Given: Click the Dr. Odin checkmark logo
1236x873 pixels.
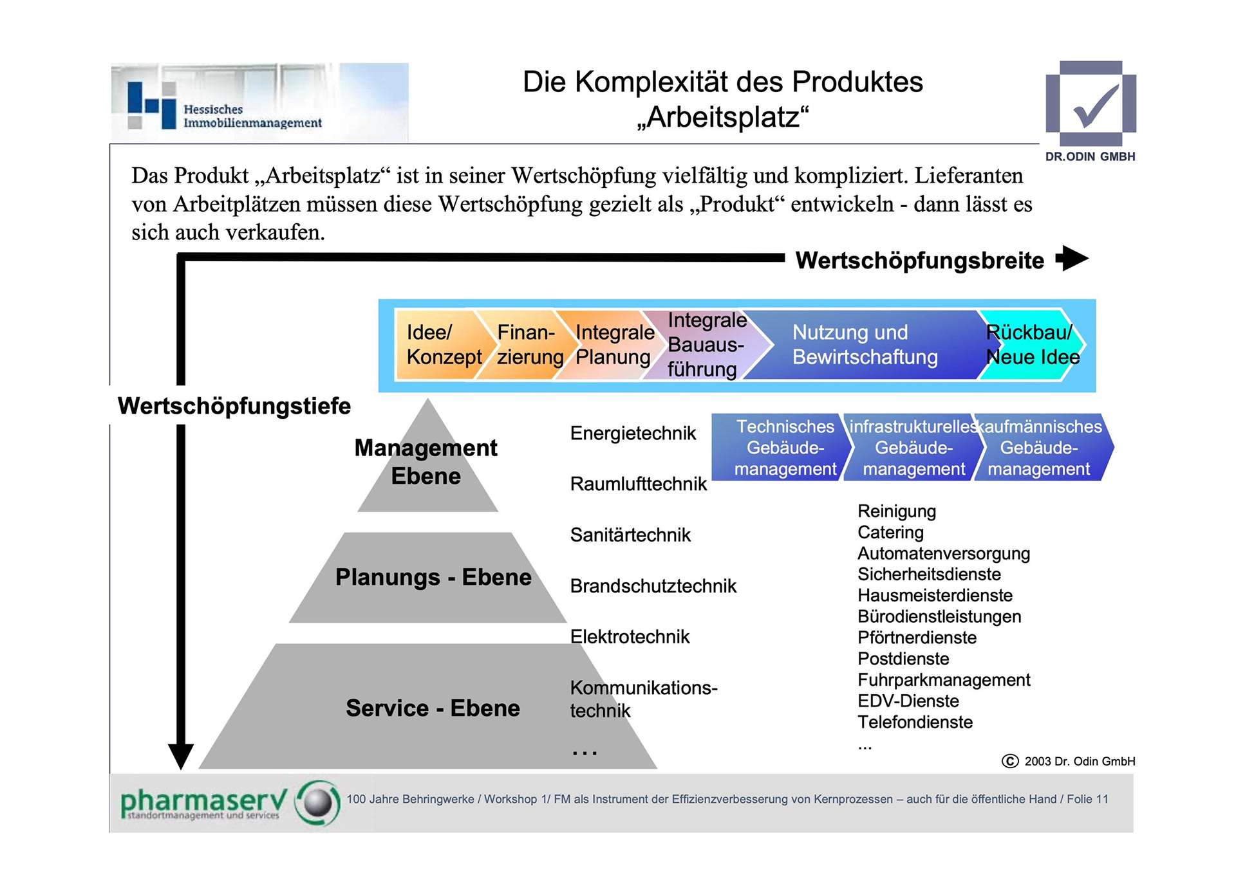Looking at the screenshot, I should click(1091, 104).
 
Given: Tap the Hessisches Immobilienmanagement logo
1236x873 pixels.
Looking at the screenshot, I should click(259, 103).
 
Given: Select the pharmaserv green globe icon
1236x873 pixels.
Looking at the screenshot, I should click(317, 802).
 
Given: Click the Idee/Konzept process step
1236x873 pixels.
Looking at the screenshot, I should click(438, 345).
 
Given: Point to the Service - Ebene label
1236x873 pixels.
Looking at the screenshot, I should click(433, 708).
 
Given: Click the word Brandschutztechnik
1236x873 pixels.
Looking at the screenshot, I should click(653, 586).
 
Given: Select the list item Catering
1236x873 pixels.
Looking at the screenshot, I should click(890, 533).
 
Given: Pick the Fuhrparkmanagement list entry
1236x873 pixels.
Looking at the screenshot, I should click(944, 680).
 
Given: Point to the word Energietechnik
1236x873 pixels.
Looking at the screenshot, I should click(633, 434).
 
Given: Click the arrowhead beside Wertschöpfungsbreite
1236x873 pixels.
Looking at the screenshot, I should click(1072, 259).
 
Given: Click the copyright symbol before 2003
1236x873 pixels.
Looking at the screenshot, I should click(1010, 762).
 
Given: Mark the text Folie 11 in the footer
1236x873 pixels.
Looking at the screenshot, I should click(1087, 799).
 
